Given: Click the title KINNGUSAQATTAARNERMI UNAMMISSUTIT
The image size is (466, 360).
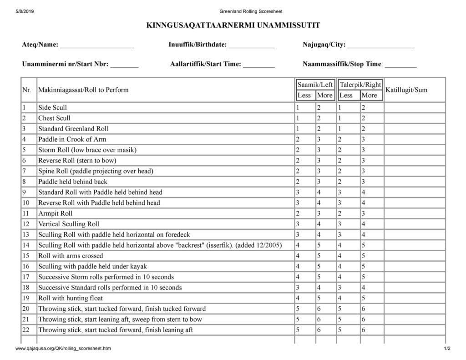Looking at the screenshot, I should (x=233, y=25).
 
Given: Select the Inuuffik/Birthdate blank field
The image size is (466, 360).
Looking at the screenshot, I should (x=251, y=46).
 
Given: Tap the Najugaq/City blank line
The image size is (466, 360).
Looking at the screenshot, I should (x=381, y=46).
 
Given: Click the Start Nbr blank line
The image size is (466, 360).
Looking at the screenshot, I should (x=124, y=65).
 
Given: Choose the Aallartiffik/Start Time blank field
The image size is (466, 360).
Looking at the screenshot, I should (x=259, y=65).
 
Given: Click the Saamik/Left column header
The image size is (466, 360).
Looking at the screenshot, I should (x=315, y=85).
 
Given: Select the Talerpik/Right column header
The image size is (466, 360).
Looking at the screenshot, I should (x=360, y=85).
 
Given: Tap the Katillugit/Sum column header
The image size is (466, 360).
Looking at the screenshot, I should (x=406, y=90).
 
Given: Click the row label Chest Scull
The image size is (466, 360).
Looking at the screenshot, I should (x=54, y=118).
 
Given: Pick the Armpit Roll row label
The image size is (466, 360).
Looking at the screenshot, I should (x=55, y=213).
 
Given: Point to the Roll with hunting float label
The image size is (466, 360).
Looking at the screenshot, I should (x=71, y=299).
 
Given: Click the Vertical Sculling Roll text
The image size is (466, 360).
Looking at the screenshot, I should (x=68, y=224).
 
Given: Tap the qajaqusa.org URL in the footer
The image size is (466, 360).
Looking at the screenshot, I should (x=62, y=349).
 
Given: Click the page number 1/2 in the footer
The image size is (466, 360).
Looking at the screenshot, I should (x=447, y=349).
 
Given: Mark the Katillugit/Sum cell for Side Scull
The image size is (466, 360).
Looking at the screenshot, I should (x=414, y=108).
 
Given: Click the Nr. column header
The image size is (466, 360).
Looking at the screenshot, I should (x=26, y=90).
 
